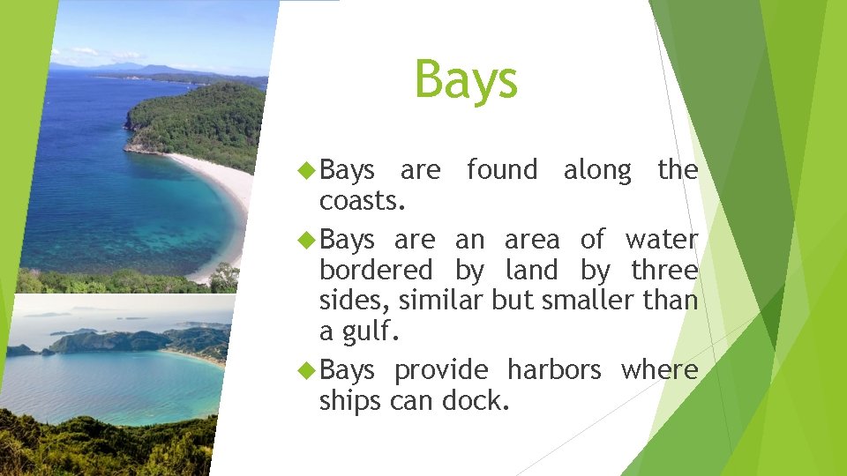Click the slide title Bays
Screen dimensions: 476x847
(466, 79)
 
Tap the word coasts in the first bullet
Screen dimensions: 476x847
(362, 201)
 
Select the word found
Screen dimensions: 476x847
(501, 169)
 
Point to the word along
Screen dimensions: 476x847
(597, 169)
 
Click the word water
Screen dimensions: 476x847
(662, 239)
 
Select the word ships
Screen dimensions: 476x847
(348, 401)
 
